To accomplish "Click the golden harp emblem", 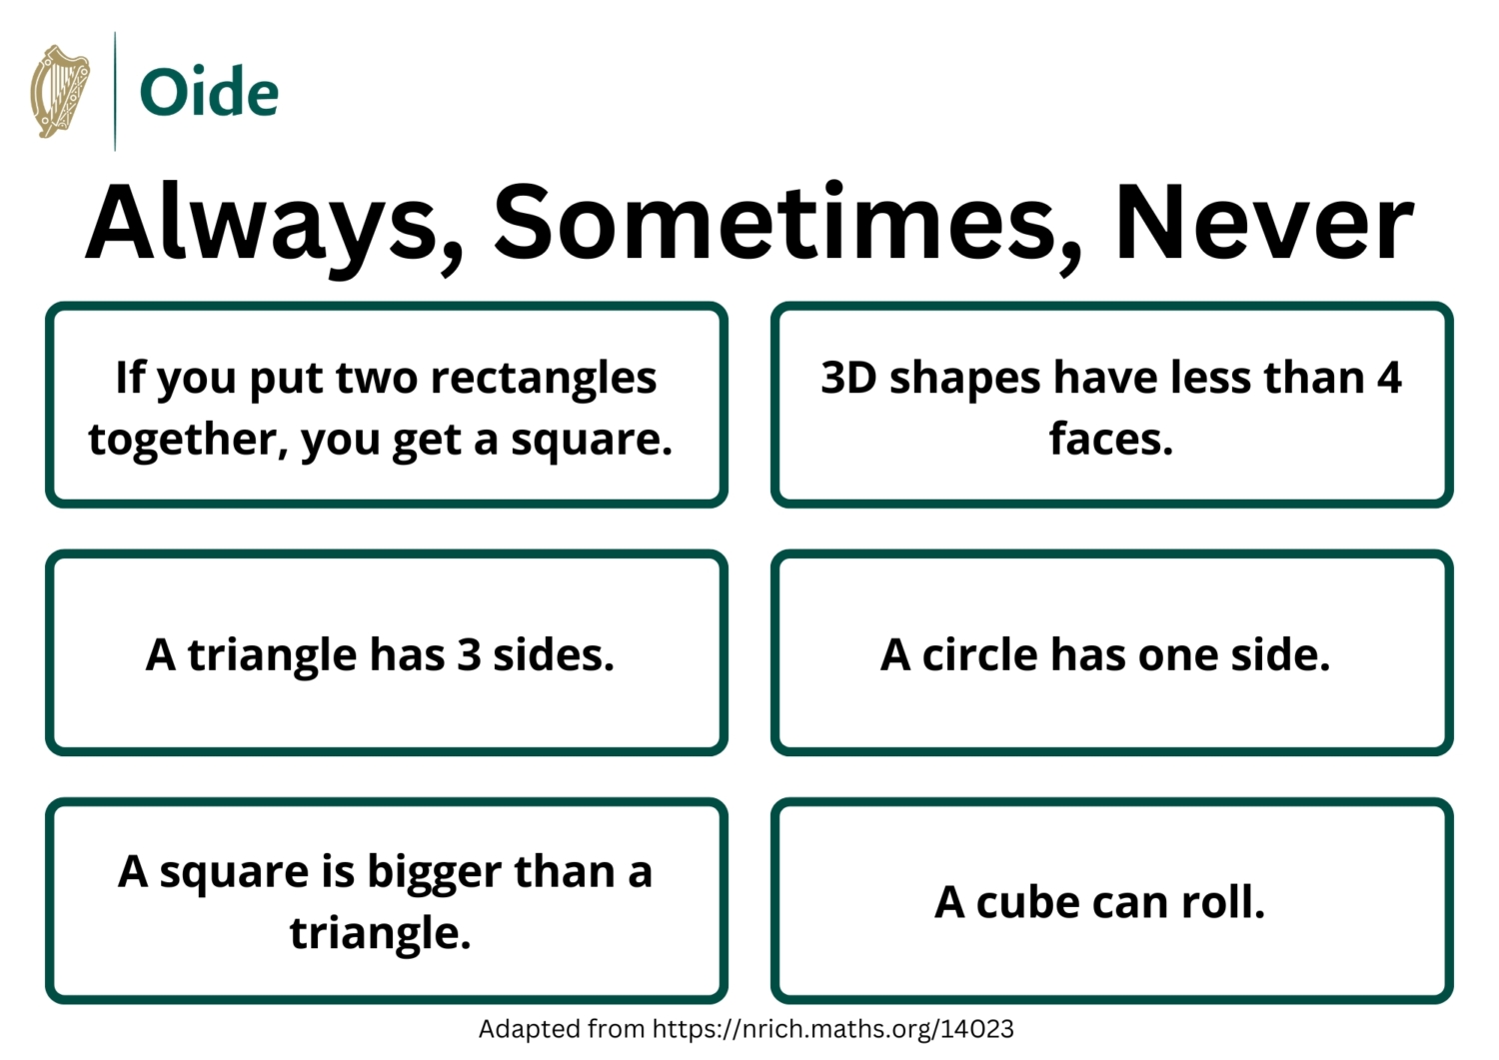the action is [x=60, y=91].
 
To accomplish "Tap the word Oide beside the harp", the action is [x=209, y=92].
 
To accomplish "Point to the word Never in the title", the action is [x=1264, y=222].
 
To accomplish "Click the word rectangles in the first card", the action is [x=544, y=380].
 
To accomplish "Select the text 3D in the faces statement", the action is [x=848, y=378].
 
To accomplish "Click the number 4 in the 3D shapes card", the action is [x=1389, y=378].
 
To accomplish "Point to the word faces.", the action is [x=1111, y=439].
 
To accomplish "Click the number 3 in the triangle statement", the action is [x=469, y=654].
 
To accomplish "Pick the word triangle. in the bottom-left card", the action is [x=380, y=934].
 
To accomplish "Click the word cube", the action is [x=1028, y=902].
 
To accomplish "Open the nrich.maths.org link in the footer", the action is [x=833, y=1029].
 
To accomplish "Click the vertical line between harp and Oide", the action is [x=115, y=91].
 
